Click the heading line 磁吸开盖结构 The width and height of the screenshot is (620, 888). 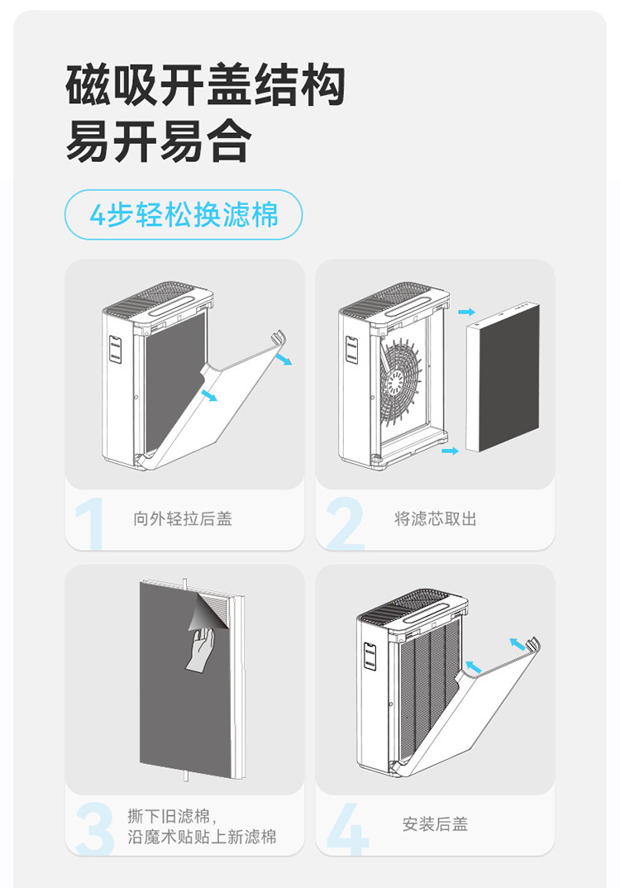click(205, 86)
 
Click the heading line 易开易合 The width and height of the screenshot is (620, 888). click(157, 143)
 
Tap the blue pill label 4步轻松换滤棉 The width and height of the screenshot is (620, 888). click(184, 216)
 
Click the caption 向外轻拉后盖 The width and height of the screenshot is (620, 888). click(183, 519)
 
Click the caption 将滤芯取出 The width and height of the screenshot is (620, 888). click(435, 519)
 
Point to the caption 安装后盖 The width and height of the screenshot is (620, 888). click(435, 824)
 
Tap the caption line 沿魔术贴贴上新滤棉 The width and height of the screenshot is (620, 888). click(203, 838)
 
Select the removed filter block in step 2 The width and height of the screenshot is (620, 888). click(502, 375)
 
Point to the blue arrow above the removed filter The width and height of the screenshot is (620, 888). click(467, 312)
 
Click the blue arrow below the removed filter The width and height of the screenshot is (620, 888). click(450, 451)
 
